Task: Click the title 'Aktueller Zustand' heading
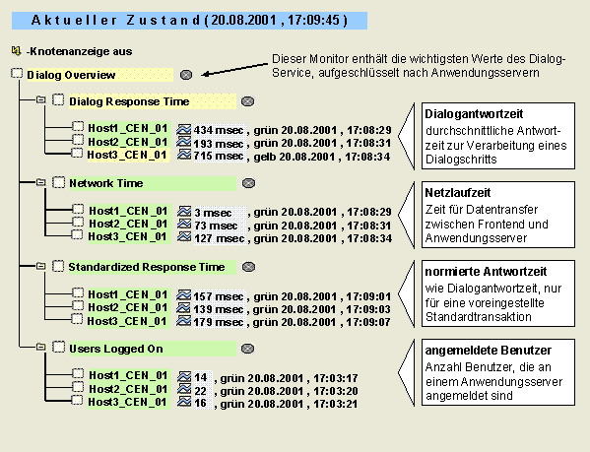pos(116,20)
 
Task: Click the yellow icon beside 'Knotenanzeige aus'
pos(16,50)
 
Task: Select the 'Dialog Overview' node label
pos(71,75)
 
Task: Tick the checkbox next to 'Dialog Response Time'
pos(58,100)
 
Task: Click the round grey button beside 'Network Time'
pos(248,183)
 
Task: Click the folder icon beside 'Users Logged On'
pos(40,347)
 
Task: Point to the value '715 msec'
pos(219,156)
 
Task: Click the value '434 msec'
pos(219,130)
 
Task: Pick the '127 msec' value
pos(220,238)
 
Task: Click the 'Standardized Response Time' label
pos(147,267)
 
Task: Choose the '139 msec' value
pos(219,309)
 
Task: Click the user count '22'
pos(201,391)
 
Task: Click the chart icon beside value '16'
pos(184,401)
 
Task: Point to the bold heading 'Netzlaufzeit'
pos(458,193)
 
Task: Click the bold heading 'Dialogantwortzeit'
pos(474,114)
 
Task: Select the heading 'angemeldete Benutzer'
pos(488,351)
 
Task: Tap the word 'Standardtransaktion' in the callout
pos(479,317)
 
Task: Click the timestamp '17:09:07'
pos(368,322)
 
